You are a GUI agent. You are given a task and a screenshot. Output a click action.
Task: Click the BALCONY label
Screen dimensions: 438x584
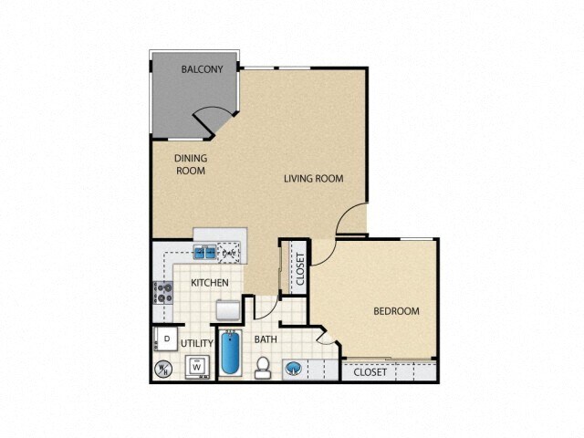click(202, 69)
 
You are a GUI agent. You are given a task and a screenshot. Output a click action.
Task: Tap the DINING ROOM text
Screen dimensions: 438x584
click(192, 163)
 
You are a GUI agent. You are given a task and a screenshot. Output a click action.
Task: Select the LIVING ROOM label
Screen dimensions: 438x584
click(313, 178)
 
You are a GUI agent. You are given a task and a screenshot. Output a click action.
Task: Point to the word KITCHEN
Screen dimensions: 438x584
click(209, 283)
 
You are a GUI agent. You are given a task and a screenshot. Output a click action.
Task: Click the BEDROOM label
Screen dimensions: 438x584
click(396, 311)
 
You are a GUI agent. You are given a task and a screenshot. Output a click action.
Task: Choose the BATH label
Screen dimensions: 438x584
click(266, 339)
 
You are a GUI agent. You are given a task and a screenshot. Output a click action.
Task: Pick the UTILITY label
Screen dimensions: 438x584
click(197, 343)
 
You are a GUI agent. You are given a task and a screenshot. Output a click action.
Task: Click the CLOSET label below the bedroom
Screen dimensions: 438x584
click(370, 372)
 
